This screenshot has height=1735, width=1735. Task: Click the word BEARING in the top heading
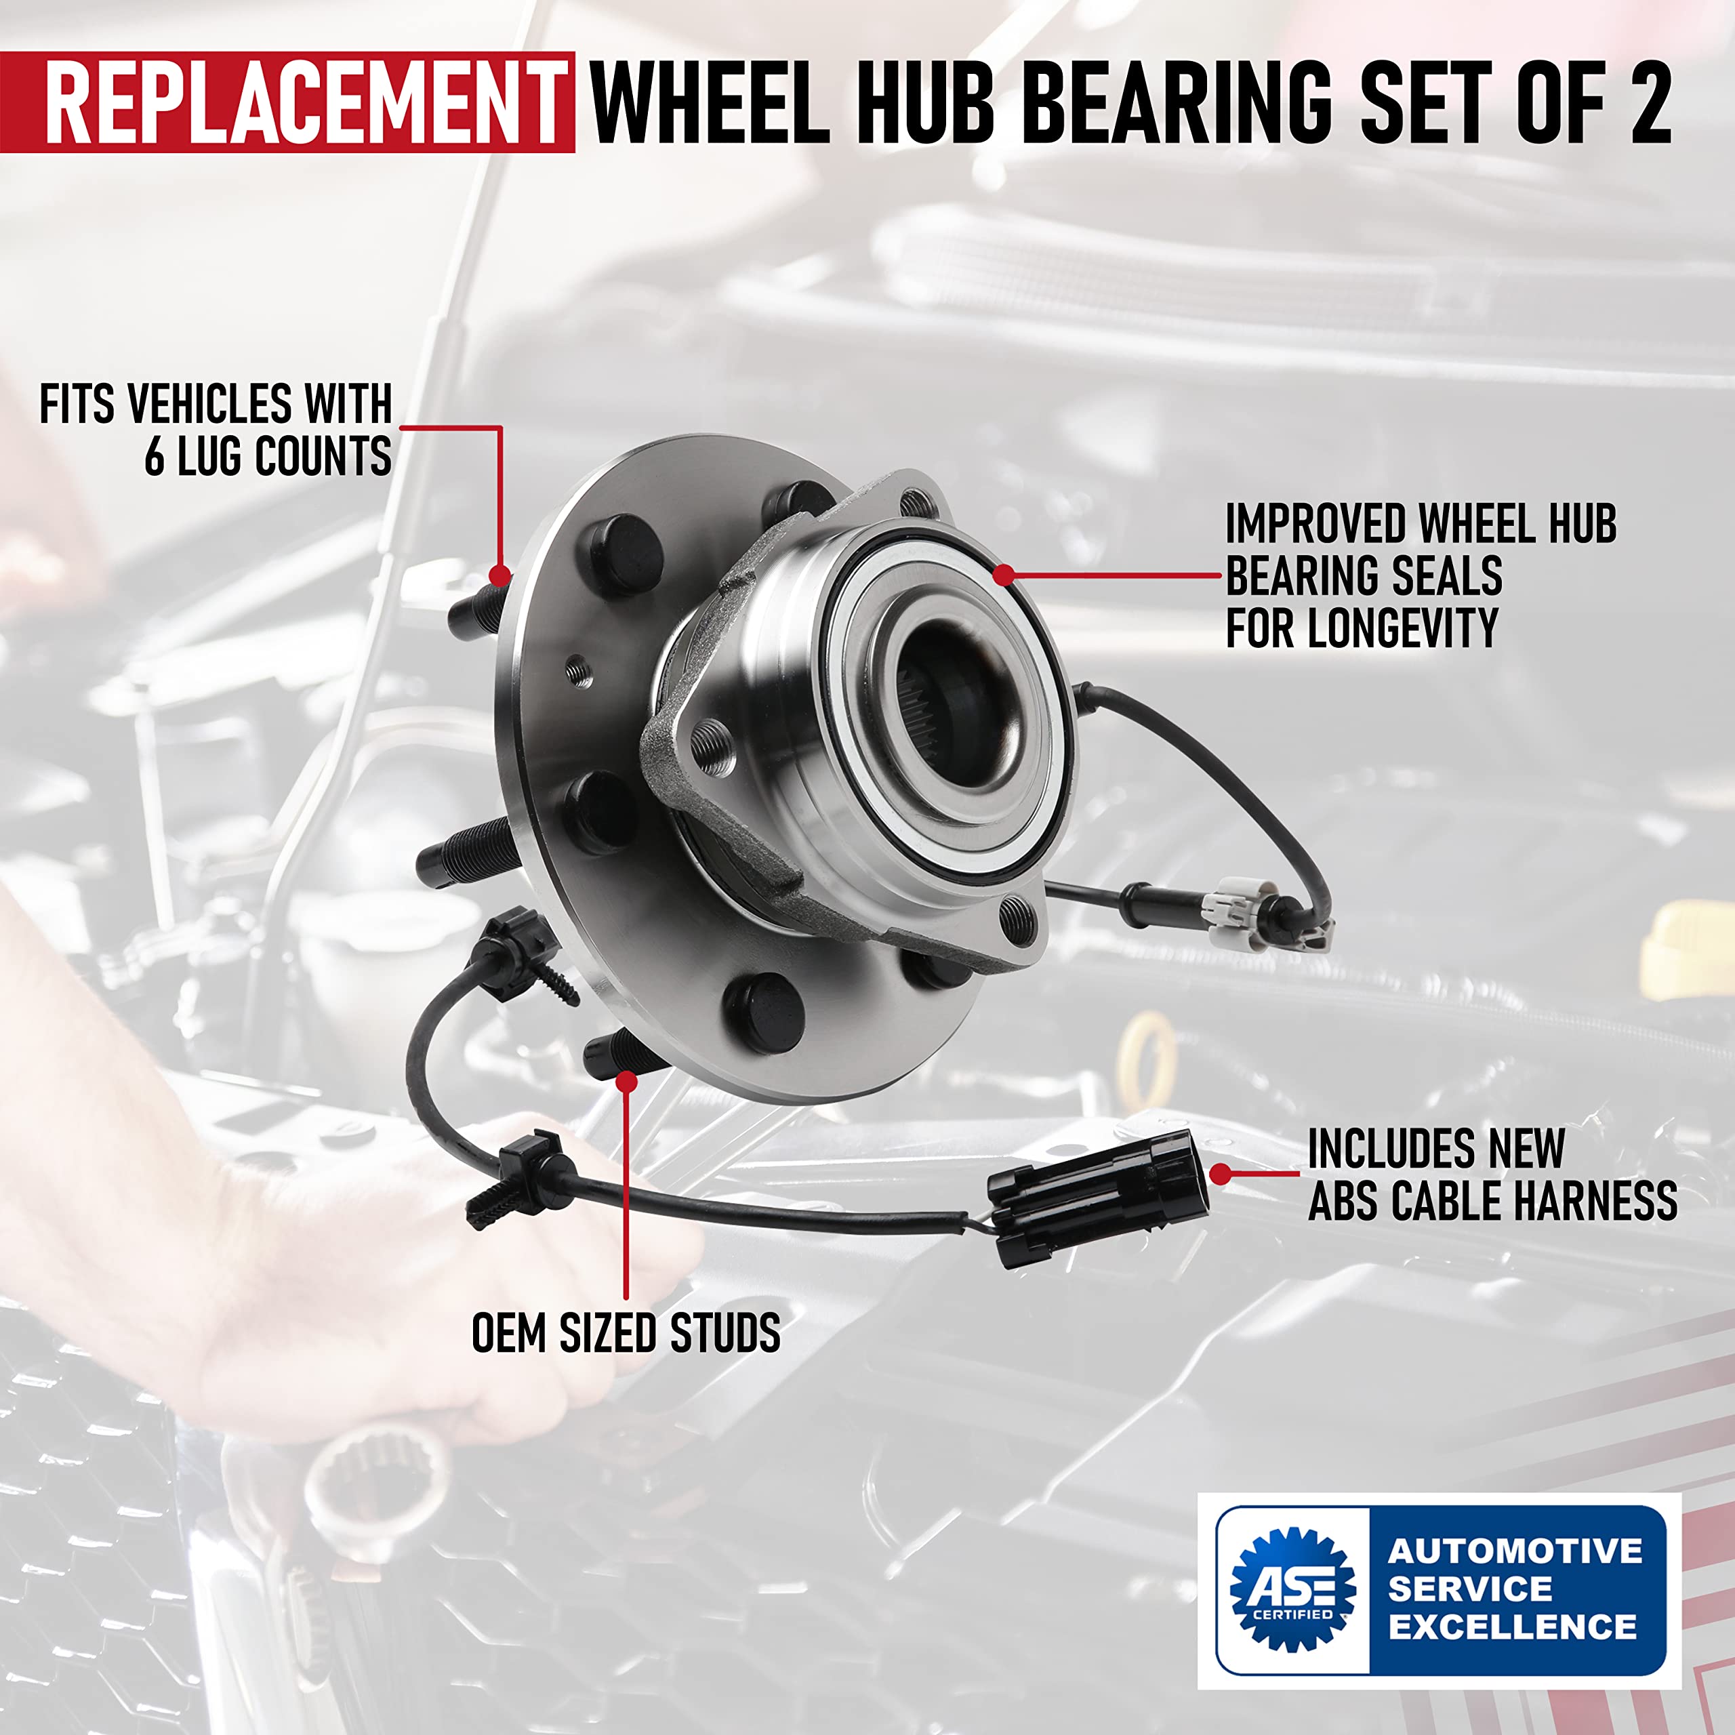coord(1177,102)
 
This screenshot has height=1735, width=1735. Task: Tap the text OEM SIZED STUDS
coord(626,1332)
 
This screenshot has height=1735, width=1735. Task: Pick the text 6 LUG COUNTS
coord(268,456)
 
